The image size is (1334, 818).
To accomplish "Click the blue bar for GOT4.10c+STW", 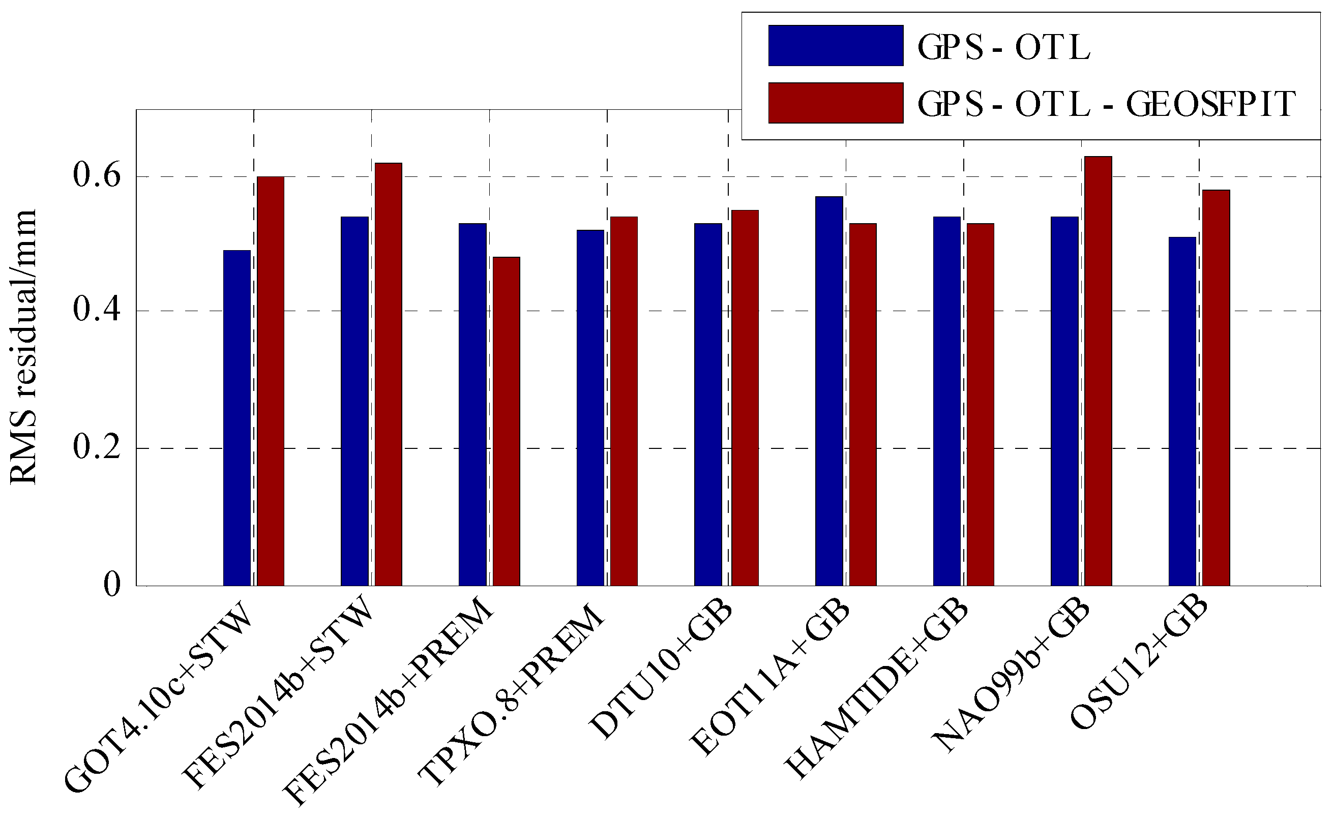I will tap(236, 418).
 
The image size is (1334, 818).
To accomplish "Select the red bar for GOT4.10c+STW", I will tap(270, 382).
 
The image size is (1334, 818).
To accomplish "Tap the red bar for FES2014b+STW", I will tap(388, 375).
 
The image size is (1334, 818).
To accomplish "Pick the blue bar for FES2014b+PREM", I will tap(472, 404).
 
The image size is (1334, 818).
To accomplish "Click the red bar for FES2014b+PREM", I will tap(506, 421).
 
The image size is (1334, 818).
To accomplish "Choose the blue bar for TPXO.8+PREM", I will tap(590, 408).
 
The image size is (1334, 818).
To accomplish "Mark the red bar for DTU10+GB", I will tap(745, 398).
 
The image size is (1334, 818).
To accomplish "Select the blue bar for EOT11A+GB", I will tap(829, 391).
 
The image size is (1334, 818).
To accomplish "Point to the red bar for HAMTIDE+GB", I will tap(981, 404).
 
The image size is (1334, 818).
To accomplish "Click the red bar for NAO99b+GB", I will tap(1098, 371).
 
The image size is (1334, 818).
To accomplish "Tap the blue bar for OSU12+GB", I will tap(1182, 411).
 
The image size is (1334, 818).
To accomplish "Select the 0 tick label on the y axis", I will tap(111, 585).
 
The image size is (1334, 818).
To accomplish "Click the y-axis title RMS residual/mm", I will tap(23, 347).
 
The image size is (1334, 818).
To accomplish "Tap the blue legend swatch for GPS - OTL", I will tap(836, 45).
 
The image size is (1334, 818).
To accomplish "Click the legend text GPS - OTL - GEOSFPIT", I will tap(1106, 103).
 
